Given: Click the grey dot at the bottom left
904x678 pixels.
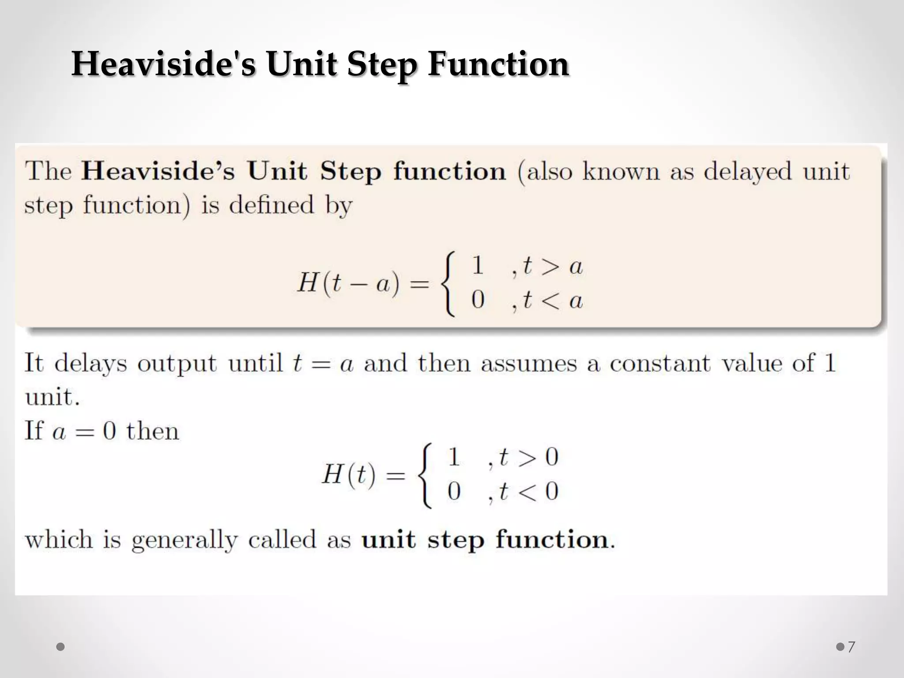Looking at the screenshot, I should pos(61,647).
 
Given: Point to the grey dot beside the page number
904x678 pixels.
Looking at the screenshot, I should pos(840,647).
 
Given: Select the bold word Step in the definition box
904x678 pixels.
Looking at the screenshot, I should pos(350,172).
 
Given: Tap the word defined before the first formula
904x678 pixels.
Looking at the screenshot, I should pos(271,205).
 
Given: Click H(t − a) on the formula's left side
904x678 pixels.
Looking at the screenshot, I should pos(348,283).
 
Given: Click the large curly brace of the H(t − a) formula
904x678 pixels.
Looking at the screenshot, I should pos(448,283).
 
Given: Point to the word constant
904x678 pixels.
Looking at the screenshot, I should pos(660,363).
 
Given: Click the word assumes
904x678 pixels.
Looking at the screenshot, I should pos(529,363).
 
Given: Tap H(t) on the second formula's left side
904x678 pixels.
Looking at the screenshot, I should pos(349,475).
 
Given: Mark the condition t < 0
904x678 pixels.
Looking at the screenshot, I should pos(528,491).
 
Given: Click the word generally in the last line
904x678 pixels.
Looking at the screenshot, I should pos(185,540).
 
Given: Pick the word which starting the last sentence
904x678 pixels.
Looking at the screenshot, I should pos(59,539).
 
